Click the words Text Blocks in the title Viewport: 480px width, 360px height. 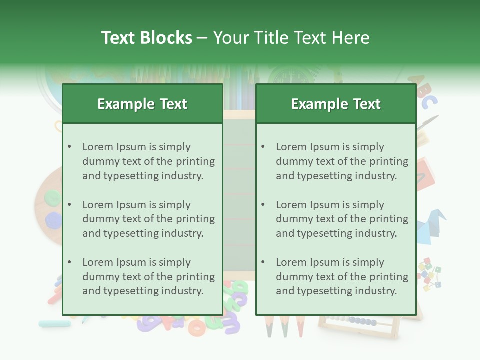coord(146,38)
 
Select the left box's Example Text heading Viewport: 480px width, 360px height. coord(142,104)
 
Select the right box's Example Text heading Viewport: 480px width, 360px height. coord(336,104)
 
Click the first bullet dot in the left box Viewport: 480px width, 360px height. coord(69,147)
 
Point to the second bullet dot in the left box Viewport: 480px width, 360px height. coord(69,205)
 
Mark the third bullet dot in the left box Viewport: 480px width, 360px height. coord(69,262)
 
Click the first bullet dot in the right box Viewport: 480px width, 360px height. coord(263,147)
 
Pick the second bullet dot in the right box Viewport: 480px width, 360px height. coord(263,205)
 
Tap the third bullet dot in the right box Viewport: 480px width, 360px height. coord(263,262)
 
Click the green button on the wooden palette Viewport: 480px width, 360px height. coord(51,198)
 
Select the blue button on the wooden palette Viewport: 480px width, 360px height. coord(53,220)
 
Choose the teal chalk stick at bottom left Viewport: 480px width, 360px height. coord(54,324)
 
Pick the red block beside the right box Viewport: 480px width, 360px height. coord(426,172)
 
